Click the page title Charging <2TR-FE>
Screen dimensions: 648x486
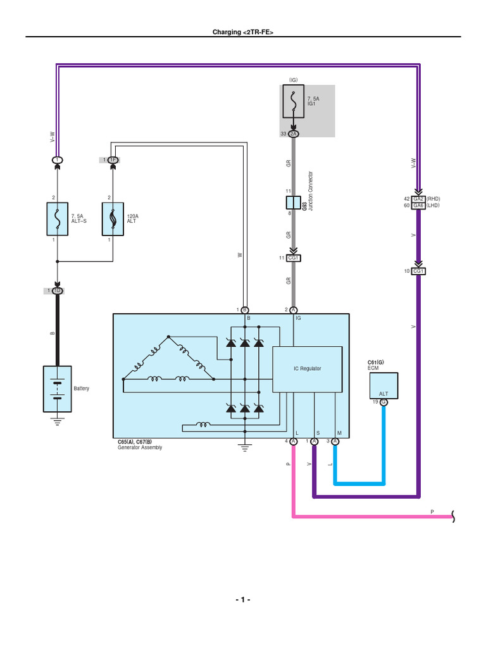[x=243, y=32]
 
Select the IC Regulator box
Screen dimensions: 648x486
[x=307, y=369]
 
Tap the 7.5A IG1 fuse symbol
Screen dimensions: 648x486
[x=293, y=102]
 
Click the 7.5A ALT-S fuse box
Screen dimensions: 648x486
[x=58, y=219]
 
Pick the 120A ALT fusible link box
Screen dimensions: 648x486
[x=113, y=219]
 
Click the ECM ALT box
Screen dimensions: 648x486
[x=383, y=386]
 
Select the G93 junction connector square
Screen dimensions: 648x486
[x=293, y=202]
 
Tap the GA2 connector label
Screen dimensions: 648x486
[x=418, y=198]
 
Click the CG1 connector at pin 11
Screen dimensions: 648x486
[x=294, y=258]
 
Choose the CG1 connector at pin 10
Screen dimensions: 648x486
[x=418, y=271]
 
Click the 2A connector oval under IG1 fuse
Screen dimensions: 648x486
[x=293, y=134]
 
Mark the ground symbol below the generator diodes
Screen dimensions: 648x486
[x=244, y=448]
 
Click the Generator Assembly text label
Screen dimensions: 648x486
[x=140, y=447]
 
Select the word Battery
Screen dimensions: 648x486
[x=82, y=389]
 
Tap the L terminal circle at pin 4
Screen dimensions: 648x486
[x=294, y=441]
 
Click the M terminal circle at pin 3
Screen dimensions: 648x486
[x=335, y=441]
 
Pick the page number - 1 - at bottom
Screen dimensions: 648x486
[x=243, y=600]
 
